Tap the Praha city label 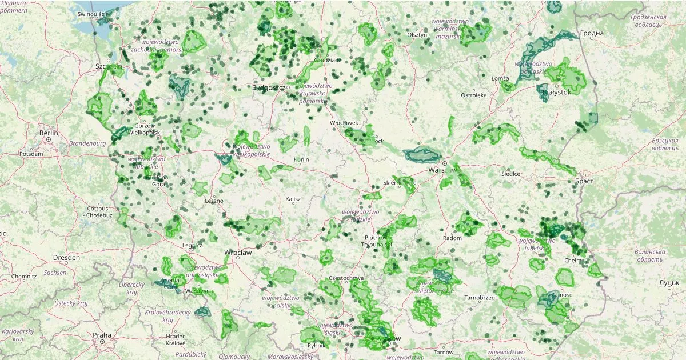tap(102, 335)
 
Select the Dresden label tap(67, 257)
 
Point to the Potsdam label tap(31, 154)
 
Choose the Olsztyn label tap(417, 35)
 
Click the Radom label tap(452, 238)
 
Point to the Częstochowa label tap(346, 278)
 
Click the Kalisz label tap(293, 199)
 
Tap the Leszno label tap(214, 201)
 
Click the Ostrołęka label tap(473, 95)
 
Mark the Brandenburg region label tap(87, 143)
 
